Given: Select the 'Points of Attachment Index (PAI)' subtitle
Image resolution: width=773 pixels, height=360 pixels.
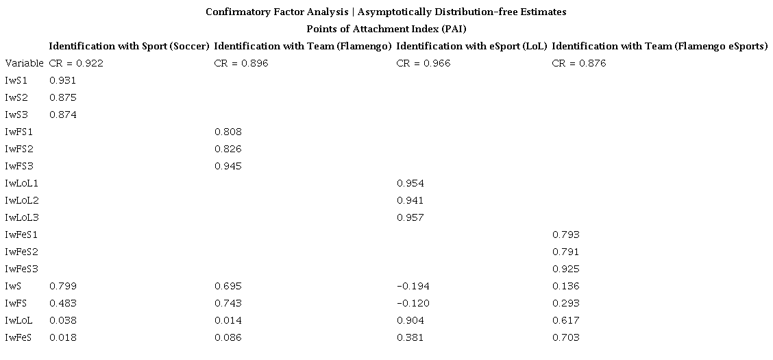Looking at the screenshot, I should pyautogui.click(x=386, y=29).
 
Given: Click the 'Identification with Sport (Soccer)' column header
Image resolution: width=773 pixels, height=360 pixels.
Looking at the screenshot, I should pyautogui.click(x=129, y=46).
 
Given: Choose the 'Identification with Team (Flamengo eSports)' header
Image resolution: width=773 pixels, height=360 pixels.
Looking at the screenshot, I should pyautogui.click(x=659, y=46).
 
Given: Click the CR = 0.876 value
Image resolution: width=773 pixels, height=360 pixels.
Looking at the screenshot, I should pyautogui.click(x=578, y=63).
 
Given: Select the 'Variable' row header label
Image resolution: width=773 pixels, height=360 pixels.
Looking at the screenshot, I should pyautogui.click(x=24, y=63).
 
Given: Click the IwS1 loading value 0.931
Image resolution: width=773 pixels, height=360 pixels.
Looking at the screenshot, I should pyautogui.click(x=62, y=80).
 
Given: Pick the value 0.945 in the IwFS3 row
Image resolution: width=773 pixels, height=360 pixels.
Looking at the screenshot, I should pyautogui.click(x=228, y=166).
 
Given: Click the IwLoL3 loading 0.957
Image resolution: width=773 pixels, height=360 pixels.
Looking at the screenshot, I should pyautogui.click(x=410, y=217).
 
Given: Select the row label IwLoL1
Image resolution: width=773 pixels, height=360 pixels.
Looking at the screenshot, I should pyautogui.click(x=22, y=183).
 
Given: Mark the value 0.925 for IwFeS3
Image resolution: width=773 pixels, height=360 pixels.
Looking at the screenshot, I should pyautogui.click(x=565, y=269).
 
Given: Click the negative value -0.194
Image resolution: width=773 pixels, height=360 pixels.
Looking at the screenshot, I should pyautogui.click(x=410, y=286).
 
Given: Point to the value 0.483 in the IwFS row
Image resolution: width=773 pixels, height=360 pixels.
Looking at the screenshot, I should pyautogui.click(x=62, y=303).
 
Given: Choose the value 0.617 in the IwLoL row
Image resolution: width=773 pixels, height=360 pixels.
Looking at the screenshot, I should pyautogui.click(x=565, y=320).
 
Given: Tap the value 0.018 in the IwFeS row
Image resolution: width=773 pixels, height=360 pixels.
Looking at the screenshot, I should pyautogui.click(x=62, y=337).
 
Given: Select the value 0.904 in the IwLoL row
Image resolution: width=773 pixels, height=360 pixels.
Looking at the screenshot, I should pyautogui.click(x=410, y=320).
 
